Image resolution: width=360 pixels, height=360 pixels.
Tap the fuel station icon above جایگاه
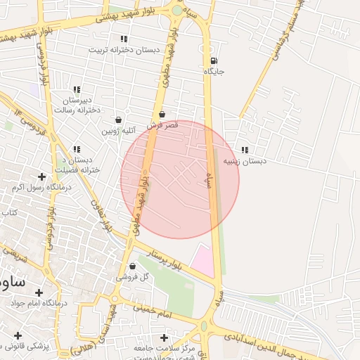click(x=214, y=60)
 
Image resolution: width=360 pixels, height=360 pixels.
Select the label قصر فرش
click(x=163, y=124)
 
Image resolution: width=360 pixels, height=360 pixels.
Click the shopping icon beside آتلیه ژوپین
click(x=117, y=120)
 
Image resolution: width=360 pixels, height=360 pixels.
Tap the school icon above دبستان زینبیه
click(x=245, y=150)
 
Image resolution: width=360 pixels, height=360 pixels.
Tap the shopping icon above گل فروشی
click(x=133, y=266)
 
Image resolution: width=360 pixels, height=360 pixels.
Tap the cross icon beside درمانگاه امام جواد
click(x=39, y=292)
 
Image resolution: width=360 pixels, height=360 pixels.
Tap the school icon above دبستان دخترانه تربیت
click(x=124, y=39)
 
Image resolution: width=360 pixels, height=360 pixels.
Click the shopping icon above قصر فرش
click(x=162, y=113)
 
